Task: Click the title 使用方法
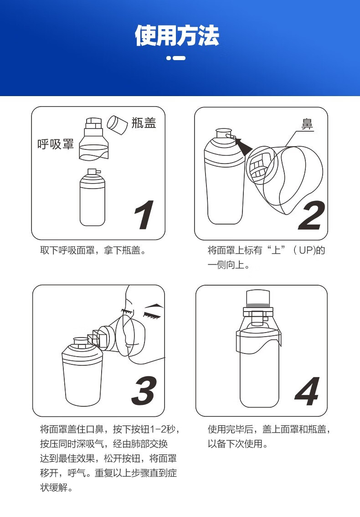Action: [177, 35]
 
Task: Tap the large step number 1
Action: [144, 215]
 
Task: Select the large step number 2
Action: [311, 215]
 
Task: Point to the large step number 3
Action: [144, 391]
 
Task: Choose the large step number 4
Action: [308, 391]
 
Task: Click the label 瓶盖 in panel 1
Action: [144, 123]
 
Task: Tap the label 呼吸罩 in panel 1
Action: [56, 144]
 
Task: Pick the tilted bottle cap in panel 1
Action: [117, 124]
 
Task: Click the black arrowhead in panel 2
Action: [242, 146]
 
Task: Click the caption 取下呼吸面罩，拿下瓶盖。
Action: [93, 250]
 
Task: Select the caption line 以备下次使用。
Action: [238, 444]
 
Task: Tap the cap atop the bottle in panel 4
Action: [258, 298]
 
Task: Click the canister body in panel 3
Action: [82, 373]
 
